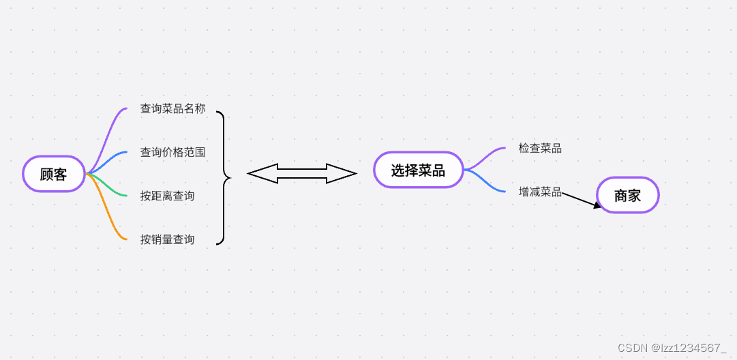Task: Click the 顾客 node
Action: pyautogui.click(x=54, y=174)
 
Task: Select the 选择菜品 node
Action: pyautogui.click(x=418, y=170)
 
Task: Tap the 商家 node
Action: pyautogui.click(x=627, y=196)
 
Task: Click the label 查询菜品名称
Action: pyautogui.click(x=172, y=108)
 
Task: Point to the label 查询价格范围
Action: pyautogui.click(x=172, y=152)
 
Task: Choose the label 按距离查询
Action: pyautogui.click(x=167, y=196)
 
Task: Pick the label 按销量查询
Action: pyautogui.click(x=167, y=239)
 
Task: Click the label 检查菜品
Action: pyautogui.click(x=540, y=148)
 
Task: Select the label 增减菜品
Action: pyautogui.click(x=540, y=192)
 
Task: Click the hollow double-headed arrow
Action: pyautogui.click(x=302, y=174)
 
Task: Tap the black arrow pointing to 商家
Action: pyautogui.click(x=582, y=200)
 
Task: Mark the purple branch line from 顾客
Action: pyautogui.click(x=109, y=133)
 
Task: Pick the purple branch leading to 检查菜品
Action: pyautogui.click(x=485, y=157)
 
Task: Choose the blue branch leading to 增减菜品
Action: pyautogui.click(x=485, y=183)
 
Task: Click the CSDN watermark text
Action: pyautogui.click(x=672, y=348)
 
